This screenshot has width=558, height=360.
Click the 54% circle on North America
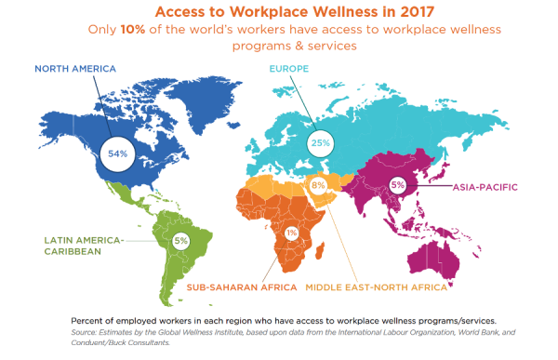(118, 152)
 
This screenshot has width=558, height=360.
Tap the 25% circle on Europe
(322, 144)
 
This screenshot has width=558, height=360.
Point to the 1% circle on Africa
(292, 232)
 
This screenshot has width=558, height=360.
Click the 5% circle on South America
(180, 241)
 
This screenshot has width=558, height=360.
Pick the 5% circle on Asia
(399, 185)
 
